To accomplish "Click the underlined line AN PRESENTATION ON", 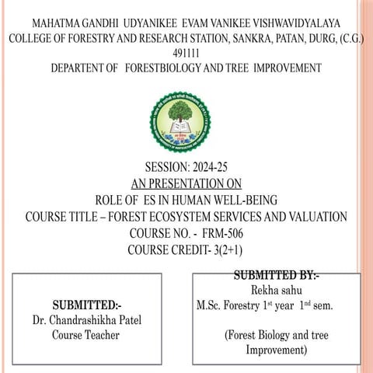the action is [186, 183].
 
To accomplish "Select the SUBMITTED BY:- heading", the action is [276, 275].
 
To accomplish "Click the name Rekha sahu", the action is [277, 290].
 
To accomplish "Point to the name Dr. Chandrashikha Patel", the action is [86, 319].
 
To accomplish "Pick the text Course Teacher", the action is [85, 335].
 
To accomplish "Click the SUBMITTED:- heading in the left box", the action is [86, 304].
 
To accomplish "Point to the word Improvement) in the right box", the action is [277, 350].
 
